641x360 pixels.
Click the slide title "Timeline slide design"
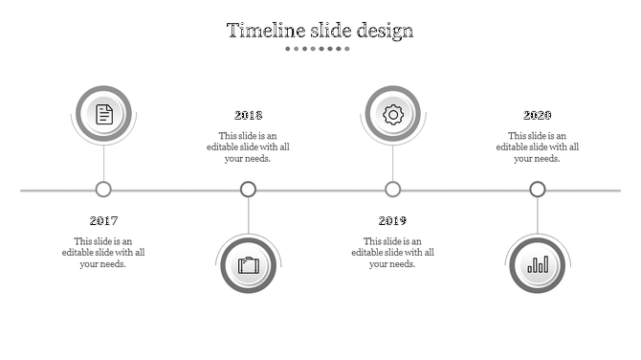point(320,31)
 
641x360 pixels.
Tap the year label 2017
point(103,221)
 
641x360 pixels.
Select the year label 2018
point(248,116)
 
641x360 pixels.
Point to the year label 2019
point(392,221)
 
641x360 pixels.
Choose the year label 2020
point(537,116)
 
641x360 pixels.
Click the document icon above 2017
point(103,115)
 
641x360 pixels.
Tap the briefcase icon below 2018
point(249,264)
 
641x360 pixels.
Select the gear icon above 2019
point(392,115)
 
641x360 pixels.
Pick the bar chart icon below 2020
point(538,264)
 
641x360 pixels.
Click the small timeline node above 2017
point(103,190)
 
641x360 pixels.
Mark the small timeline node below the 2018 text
point(248,190)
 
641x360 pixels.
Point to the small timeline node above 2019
point(392,190)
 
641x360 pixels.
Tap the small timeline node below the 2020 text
point(538,190)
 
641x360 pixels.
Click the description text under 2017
point(103,252)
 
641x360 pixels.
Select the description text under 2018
point(248,146)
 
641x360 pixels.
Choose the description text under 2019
point(392,252)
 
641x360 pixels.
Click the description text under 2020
point(537,146)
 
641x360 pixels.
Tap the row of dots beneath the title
point(320,48)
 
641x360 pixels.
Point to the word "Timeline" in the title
point(260,31)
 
